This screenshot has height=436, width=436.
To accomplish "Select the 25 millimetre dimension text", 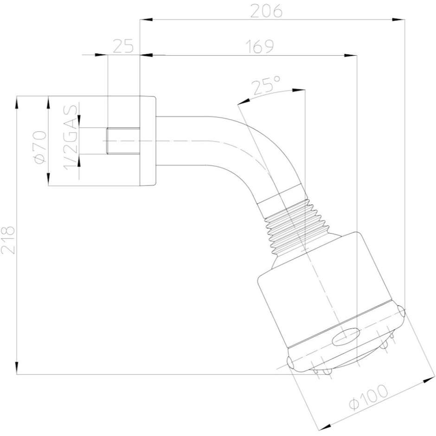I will coord(123,46).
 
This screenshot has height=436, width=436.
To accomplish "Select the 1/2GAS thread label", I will coord(71,141).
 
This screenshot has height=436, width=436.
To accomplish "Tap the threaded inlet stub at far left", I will coord(123,141).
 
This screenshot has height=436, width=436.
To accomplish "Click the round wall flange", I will coord(147,141).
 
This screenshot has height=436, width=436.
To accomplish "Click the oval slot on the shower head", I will coord(347,335).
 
